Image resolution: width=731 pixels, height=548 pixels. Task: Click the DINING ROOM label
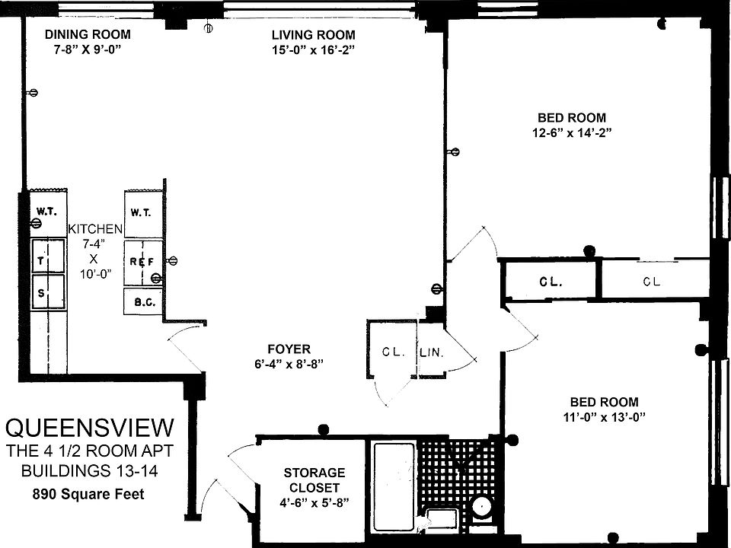click(x=87, y=34)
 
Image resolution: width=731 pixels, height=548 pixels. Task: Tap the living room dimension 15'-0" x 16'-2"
click(x=313, y=49)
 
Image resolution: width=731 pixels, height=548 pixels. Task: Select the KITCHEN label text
click(x=95, y=228)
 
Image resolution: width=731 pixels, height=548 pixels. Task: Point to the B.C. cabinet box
click(x=143, y=302)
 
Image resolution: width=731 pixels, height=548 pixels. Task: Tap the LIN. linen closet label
click(x=431, y=352)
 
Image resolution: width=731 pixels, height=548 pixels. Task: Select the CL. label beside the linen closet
click(x=393, y=352)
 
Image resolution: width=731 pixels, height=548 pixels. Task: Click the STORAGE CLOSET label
click(x=314, y=479)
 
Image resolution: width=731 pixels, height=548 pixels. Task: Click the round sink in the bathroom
click(x=481, y=507)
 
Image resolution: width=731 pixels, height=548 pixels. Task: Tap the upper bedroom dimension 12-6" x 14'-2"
click(x=572, y=132)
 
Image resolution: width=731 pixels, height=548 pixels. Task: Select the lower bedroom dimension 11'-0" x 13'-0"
click(x=604, y=416)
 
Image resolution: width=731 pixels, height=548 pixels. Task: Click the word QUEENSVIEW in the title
click(x=90, y=425)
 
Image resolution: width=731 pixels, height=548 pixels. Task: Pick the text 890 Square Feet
click(x=88, y=494)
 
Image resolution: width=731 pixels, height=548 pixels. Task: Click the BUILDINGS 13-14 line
click(x=90, y=471)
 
